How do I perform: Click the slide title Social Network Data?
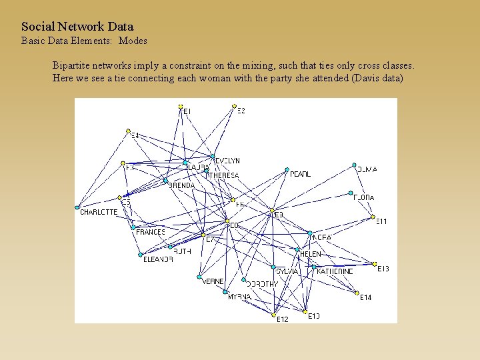[77, 27]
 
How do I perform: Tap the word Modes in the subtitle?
[133, 41]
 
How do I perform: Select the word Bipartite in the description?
[74, 66]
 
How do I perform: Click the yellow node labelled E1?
[181, 106]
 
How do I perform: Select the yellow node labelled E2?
[234, 105]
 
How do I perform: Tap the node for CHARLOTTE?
[77, 207]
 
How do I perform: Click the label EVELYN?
[227, 161]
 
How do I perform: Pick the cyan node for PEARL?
[287, 169]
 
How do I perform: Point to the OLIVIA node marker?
[355, 165]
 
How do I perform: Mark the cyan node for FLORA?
[351, 193]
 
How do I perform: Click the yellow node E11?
[373, 217]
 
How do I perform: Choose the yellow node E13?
[375, 264]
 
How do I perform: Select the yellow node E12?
[273, 315]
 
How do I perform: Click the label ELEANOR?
[158, 259]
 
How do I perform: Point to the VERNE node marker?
[199, 277]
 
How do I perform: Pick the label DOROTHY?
[262, 284]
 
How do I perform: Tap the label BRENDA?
[182, 185]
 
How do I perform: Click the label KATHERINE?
[335, 271]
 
